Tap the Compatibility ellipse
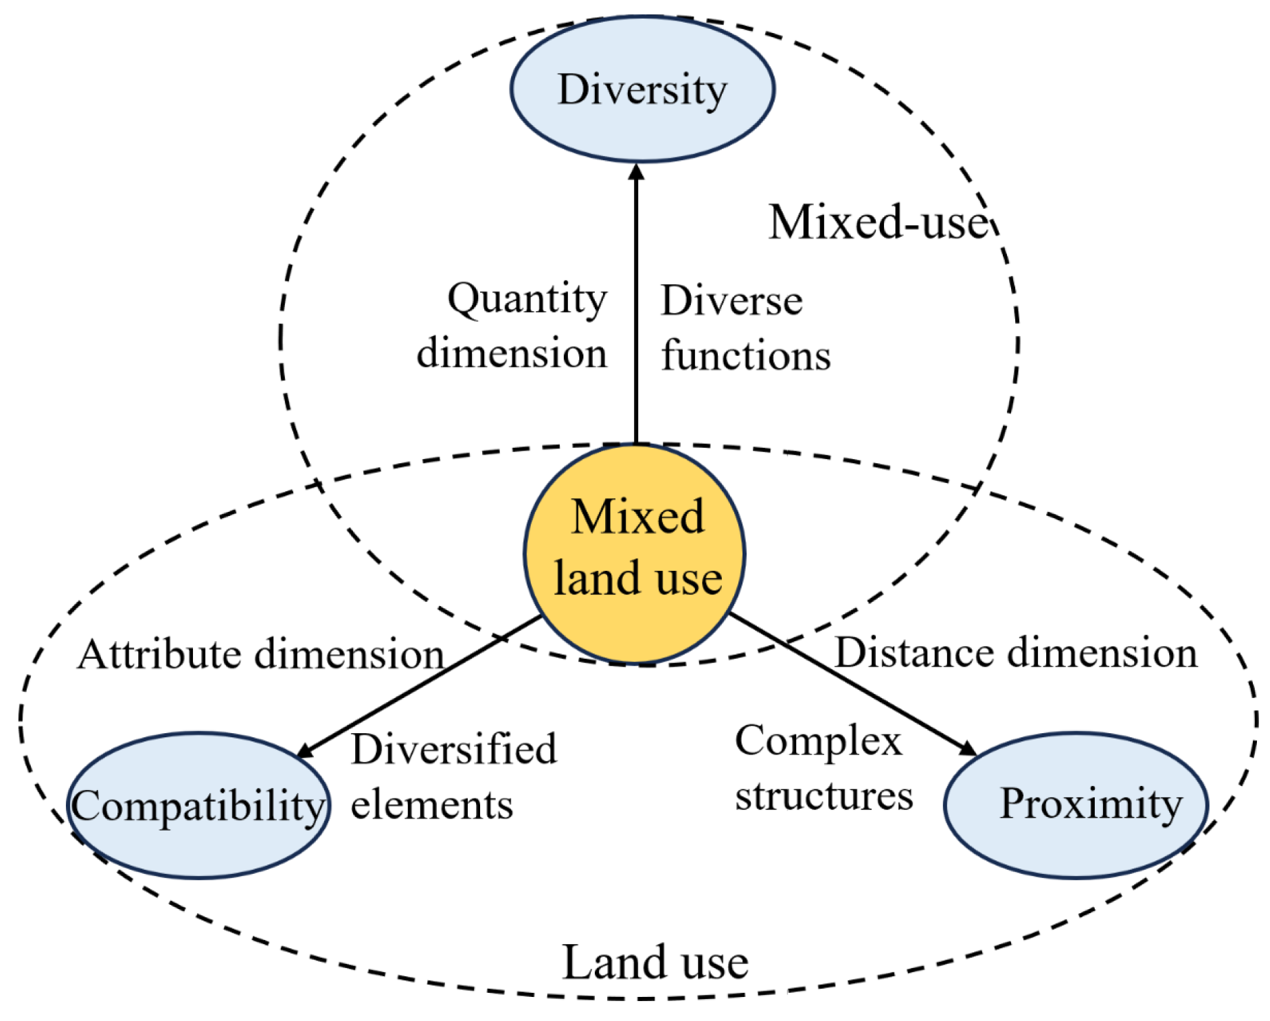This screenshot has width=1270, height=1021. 198,805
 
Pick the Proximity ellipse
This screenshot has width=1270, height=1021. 1076,805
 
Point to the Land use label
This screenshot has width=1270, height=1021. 655,962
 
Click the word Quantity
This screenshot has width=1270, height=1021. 527,300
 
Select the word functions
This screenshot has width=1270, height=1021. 746,356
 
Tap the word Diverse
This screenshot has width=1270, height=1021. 732,301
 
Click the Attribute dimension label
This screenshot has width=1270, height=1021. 261,653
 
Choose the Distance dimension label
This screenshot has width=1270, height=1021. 1015,652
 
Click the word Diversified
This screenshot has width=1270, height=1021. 453,749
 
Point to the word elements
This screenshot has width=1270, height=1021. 431,805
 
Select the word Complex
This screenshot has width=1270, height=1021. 817,741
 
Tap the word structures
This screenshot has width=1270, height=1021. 824,796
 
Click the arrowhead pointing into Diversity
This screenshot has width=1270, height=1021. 636,172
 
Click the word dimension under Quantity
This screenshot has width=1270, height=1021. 512,354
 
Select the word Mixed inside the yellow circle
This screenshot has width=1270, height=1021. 637,517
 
